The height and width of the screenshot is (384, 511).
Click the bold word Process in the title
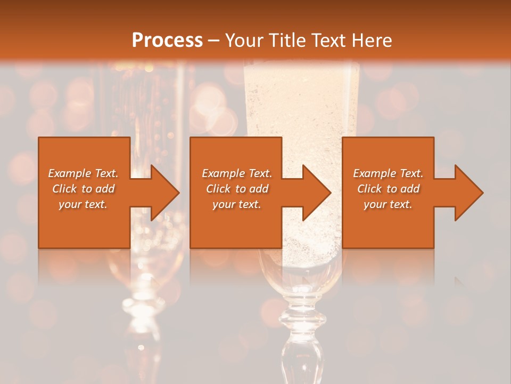(167, 40)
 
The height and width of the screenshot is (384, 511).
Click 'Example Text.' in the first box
(83, 173)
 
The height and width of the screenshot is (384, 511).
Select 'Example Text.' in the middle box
(237, 173)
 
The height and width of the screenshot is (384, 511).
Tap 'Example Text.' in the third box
(388, 173)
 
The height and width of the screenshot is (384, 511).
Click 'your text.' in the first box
(83, 204)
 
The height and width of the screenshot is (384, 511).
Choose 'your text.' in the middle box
(237, 204)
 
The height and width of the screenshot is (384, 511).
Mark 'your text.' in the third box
(388, 204)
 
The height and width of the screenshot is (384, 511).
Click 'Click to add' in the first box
(83, 189)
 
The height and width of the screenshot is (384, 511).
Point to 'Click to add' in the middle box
(237, 189)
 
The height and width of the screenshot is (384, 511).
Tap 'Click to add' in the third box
(388, 189)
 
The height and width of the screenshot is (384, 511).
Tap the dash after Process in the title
(214, 41)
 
